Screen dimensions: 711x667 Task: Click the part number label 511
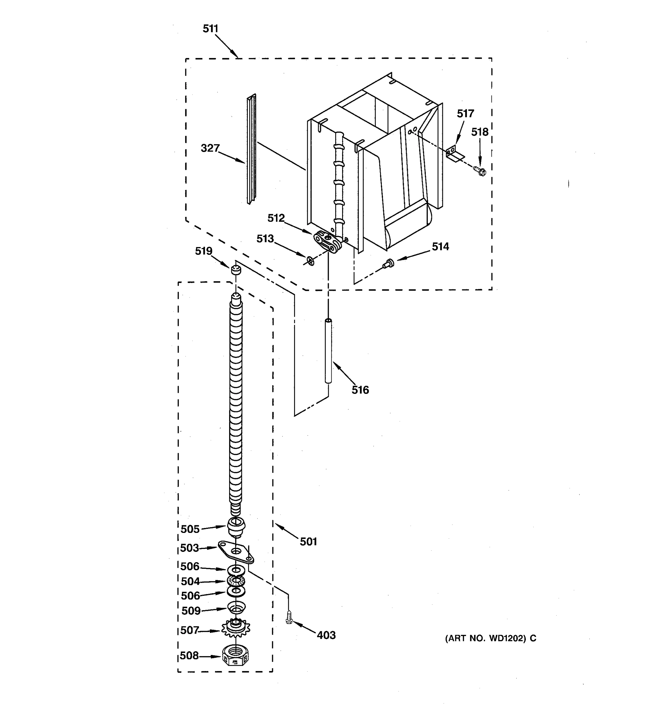coord(210,29)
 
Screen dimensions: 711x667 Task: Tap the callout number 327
coord(210,148)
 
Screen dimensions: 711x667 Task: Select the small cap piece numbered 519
coord(235,270)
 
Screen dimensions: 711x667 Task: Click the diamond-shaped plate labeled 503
coord(236,553)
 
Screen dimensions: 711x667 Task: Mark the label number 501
coord(308,542)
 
